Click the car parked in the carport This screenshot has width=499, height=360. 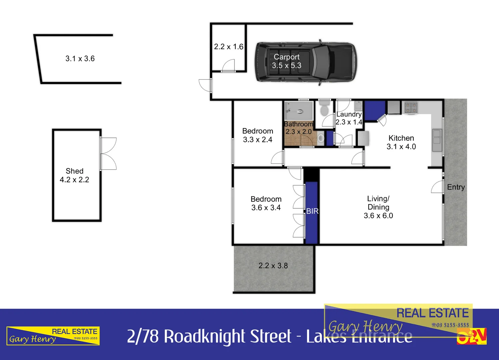[x=305, y=62]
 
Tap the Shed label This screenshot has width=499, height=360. [x=74, y=171]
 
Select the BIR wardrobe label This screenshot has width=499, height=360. [x=312, y=211]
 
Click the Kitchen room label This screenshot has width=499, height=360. [x=401, y=138]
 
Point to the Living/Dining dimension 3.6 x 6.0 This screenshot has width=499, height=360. [x=378, y=216]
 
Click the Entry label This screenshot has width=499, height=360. [x=456, y=187]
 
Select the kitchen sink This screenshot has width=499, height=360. [x=436, y=140]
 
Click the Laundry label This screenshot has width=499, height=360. [x=349, y=114]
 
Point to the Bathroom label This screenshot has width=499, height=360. [x=298, y=124]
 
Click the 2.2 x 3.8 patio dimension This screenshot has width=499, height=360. [x=273, y=266]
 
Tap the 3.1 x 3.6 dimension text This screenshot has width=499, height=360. [x=80, y=59]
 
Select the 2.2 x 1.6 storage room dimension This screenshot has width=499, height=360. [x=229, y=47]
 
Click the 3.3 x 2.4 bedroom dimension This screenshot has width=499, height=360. [x=257, y=140]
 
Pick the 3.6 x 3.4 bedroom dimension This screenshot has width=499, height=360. [x=266, y=208]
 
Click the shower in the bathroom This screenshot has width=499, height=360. [x=299, y=111]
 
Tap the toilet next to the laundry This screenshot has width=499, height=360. [x=324, y=109]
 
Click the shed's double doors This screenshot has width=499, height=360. [x=108, y=154]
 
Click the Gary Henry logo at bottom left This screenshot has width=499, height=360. [x=53, y=336]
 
